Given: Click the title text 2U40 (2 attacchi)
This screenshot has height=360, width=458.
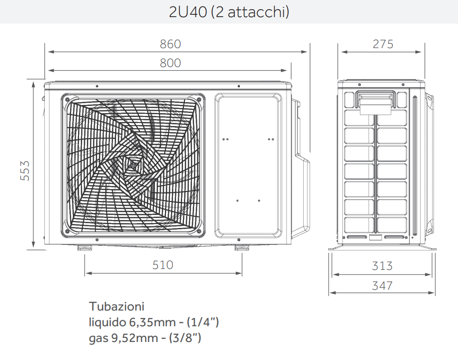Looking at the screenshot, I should tap(229, 12).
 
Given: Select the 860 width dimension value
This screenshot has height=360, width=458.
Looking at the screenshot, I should tap(170, 44).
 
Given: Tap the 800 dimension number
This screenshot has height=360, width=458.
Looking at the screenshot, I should tap(170, 63).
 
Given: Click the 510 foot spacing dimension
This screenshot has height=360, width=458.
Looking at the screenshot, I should tap(163, 265).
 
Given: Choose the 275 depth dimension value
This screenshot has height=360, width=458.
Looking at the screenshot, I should tap(383, 44).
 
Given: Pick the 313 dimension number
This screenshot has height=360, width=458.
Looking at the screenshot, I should tap(382, 266).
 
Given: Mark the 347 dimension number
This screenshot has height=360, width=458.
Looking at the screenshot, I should tap(382, 286).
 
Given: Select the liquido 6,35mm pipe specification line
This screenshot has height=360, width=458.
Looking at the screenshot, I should tap(153, 322).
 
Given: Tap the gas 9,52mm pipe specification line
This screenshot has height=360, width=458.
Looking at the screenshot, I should tap(145, 338).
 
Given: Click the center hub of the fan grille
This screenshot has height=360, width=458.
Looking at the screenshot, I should tap(133, 165).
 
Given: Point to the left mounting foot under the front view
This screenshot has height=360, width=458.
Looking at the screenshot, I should tap(84, 248).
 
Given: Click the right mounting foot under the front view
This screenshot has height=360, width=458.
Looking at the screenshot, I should tap(240, 248).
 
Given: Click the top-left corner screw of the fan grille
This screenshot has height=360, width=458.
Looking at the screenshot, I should tap(67, 99).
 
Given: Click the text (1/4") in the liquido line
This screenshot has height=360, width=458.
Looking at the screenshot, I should tap(203, 322).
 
